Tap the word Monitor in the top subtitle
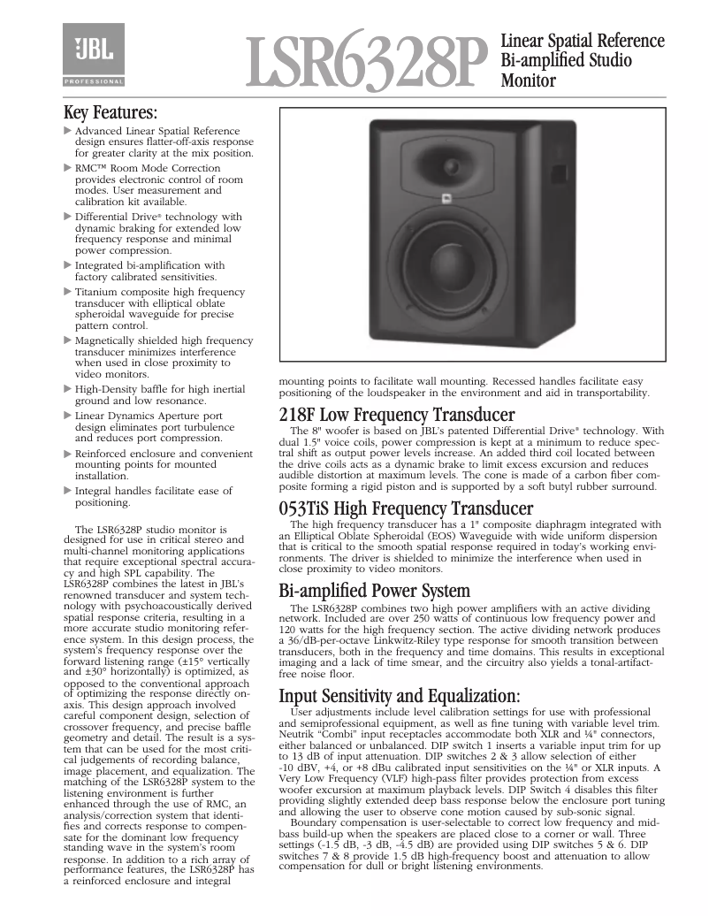[x=529, y=81]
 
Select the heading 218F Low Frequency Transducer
[x=397, y=415]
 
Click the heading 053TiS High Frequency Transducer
[x=406, y=508]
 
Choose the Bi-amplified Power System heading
[x=374, y=591]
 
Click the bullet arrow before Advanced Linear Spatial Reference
[x=69, y=131]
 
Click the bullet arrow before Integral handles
[x=69, y=490]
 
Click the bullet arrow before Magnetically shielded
[x=69, y=340]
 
